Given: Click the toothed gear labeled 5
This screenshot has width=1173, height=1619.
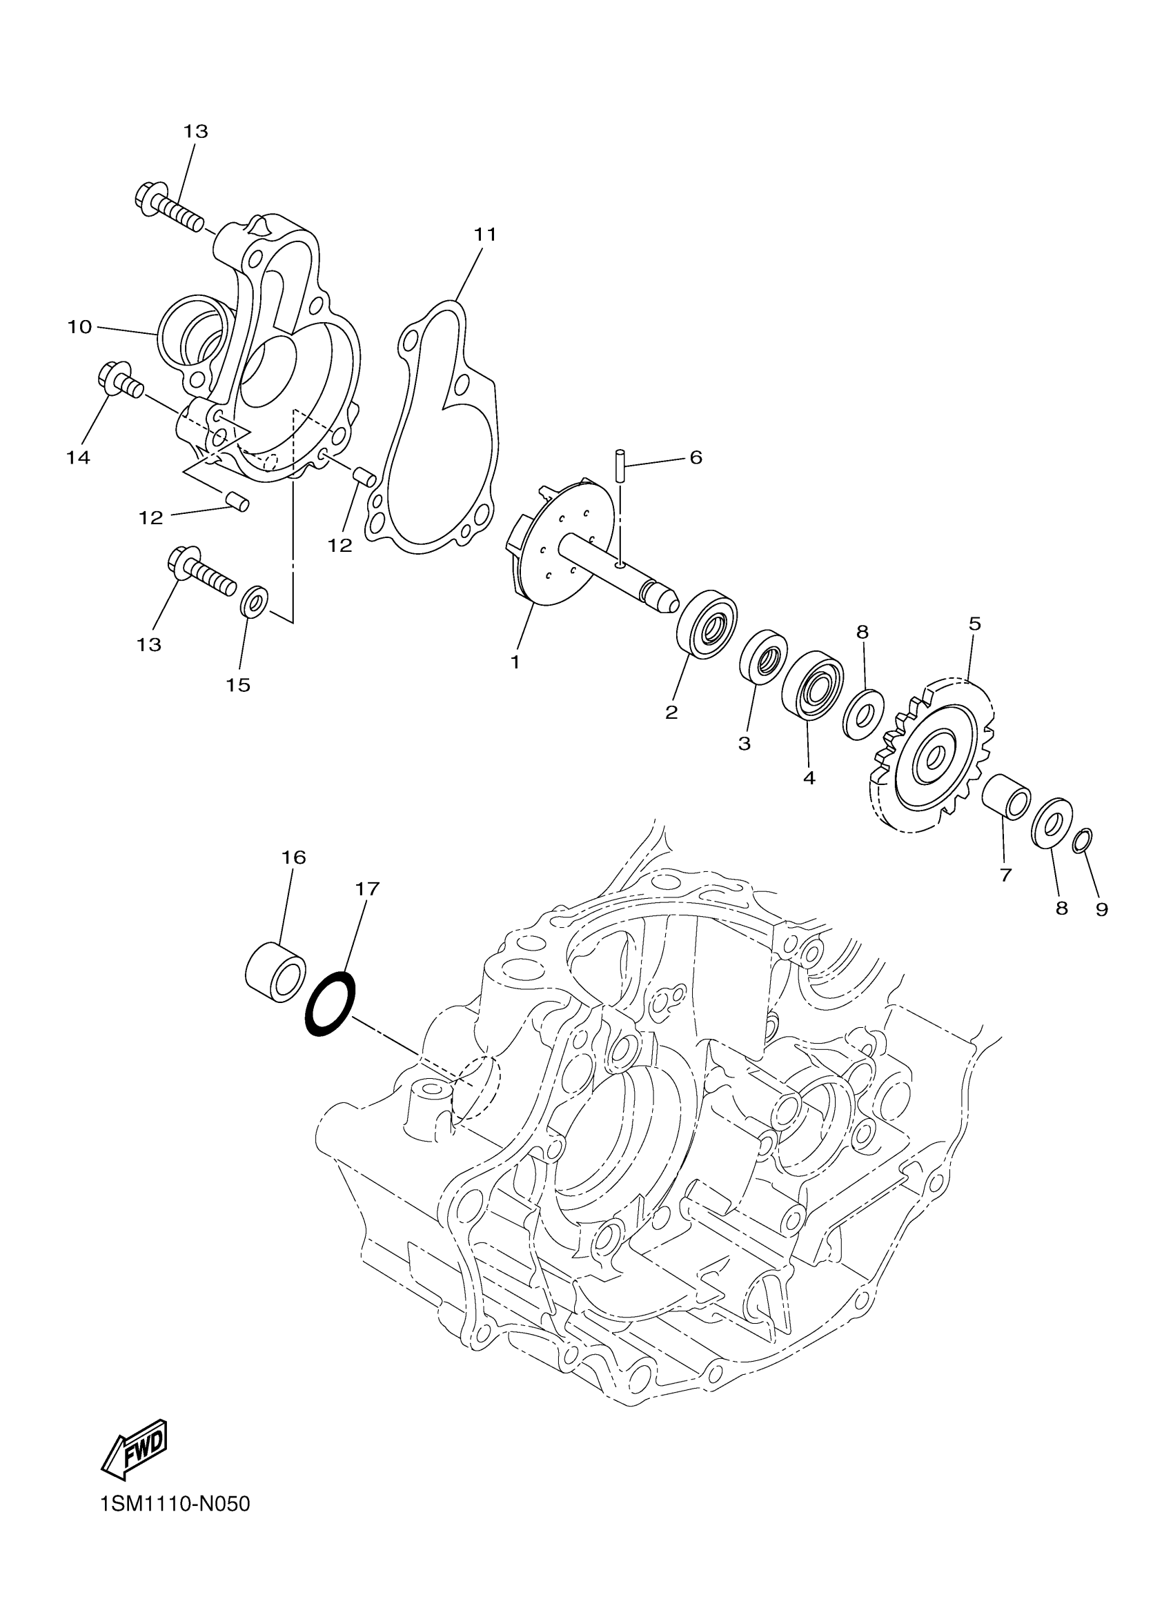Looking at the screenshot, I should click(931, 756).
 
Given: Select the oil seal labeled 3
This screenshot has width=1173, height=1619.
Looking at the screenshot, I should click(762, 656).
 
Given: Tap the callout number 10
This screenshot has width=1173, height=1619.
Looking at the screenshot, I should click(80, 327).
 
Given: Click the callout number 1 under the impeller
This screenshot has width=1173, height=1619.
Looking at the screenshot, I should click(515, 662).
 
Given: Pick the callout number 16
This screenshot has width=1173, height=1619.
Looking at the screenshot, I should click(293, 857).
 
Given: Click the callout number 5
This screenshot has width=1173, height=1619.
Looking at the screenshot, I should click(974, 624).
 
